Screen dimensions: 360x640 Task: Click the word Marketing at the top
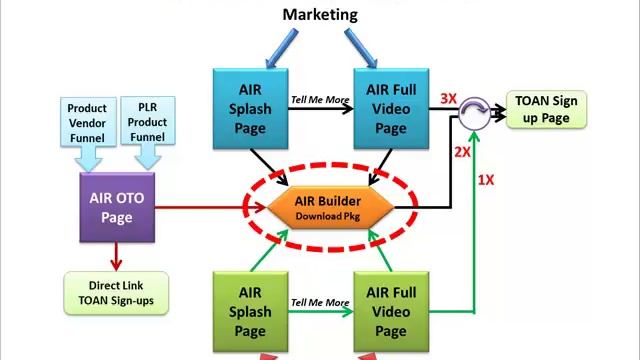click(319, 14)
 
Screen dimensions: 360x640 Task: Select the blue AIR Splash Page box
click(250, 107)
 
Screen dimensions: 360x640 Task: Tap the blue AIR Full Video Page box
click(391, 107)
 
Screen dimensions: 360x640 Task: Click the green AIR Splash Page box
click(250, 311)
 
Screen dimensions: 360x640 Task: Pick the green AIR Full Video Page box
click(391, 311)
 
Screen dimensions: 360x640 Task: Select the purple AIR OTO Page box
click(117, 206)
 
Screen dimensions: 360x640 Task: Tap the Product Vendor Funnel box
click(87, 121)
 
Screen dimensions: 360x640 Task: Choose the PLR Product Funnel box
click(148, 121)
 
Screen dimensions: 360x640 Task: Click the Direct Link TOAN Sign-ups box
click(116, 292)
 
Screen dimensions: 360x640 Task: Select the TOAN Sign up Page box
click(546, 109)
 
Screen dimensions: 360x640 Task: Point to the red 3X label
click(449, 99)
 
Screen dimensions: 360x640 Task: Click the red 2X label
click(462, 152)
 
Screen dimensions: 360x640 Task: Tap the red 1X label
click(485, 180)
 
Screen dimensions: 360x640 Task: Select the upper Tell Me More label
click(320, 99)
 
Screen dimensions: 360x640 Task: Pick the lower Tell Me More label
click(320, 302)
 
